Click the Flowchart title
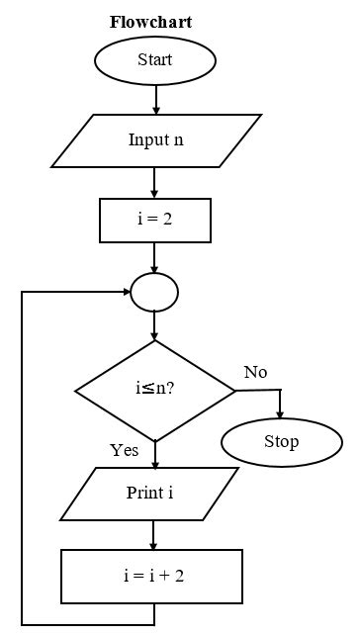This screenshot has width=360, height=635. point(150,22)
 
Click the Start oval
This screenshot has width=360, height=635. point(154,60)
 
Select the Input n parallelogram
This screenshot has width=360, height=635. point(155,139)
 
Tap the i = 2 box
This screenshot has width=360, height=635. point(154,220)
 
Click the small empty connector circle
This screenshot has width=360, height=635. point(154,292)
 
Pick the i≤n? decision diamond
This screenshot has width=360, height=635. point(155,390)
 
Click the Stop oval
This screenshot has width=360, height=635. point(281,441)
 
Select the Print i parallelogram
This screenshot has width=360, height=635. point(149,493)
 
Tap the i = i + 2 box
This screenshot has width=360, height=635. point(152,576)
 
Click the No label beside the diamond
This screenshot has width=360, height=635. point(255,372)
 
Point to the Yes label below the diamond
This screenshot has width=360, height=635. point(124,450)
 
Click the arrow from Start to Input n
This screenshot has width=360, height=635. point(155,98)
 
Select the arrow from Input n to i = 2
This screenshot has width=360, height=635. point(155,183)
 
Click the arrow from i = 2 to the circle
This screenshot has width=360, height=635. point(155,257)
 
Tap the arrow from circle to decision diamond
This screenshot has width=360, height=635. point(155,326)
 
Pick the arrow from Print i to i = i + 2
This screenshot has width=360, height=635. point(154,535)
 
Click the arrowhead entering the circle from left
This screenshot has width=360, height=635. point(125,292)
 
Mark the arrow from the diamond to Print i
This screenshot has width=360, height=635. point(155,454)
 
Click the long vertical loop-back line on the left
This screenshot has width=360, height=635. point(22,455)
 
